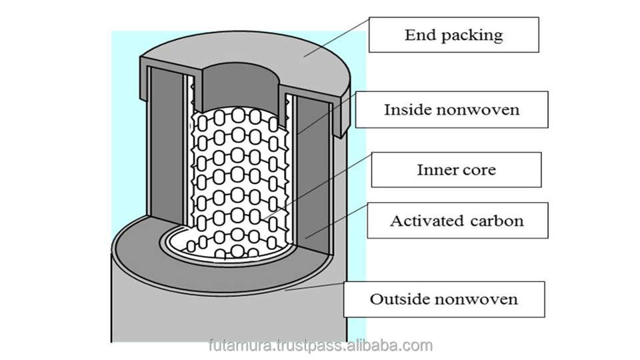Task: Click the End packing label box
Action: coord(453,35)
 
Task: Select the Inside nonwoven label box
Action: coord(451,109)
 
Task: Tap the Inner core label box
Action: coord(456,169)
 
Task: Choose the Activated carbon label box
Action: coord(457,221)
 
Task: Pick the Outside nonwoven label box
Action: coord(444,299)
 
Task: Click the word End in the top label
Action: coord(416,35)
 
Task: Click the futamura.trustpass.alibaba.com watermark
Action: coord(320,345)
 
